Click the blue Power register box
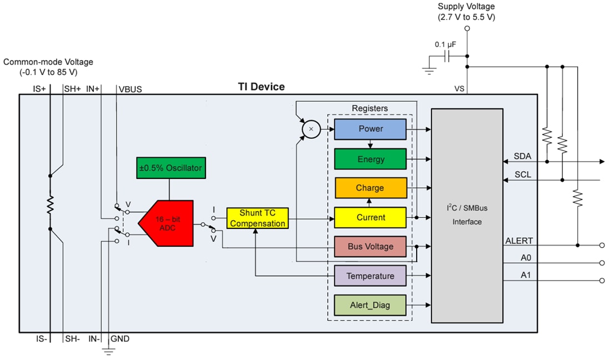coord(370,129)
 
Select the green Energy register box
coord(370,159)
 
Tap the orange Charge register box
coord(370,188)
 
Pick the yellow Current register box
coord(370,217)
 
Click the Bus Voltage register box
coord(370,247)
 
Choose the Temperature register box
coord(370,276)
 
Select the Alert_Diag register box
coord(370,305)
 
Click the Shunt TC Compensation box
coord(258,218)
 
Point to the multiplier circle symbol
coord(310,129)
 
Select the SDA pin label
coord(522,156)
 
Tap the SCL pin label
coord(522,174)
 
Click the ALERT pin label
coord(519,241)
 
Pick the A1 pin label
coord(525,275)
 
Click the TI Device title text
coord(261,87)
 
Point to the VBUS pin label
coord(130,89)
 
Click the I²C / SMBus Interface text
coord(467,215)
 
